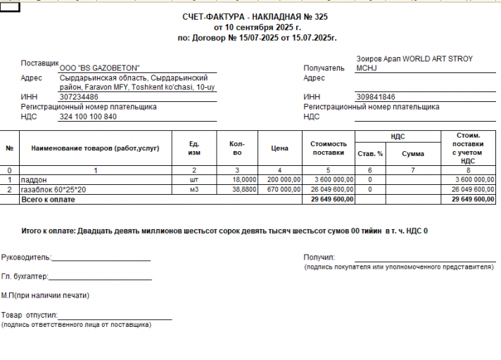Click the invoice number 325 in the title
click(320, 16)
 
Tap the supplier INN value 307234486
click(79, 97)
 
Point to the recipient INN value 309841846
click(376, 97)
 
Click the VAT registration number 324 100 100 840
click(88, 116)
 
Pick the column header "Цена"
click(279, 148)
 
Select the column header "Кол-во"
click(237, 148)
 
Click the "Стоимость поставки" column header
click(328, 148)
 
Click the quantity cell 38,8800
click(243, 190)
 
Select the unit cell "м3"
click(194, 190)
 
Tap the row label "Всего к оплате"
click(47, 200)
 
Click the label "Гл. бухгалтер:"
click(25, 277)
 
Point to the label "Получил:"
click(319, 257)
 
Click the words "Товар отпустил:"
click(29, 316)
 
